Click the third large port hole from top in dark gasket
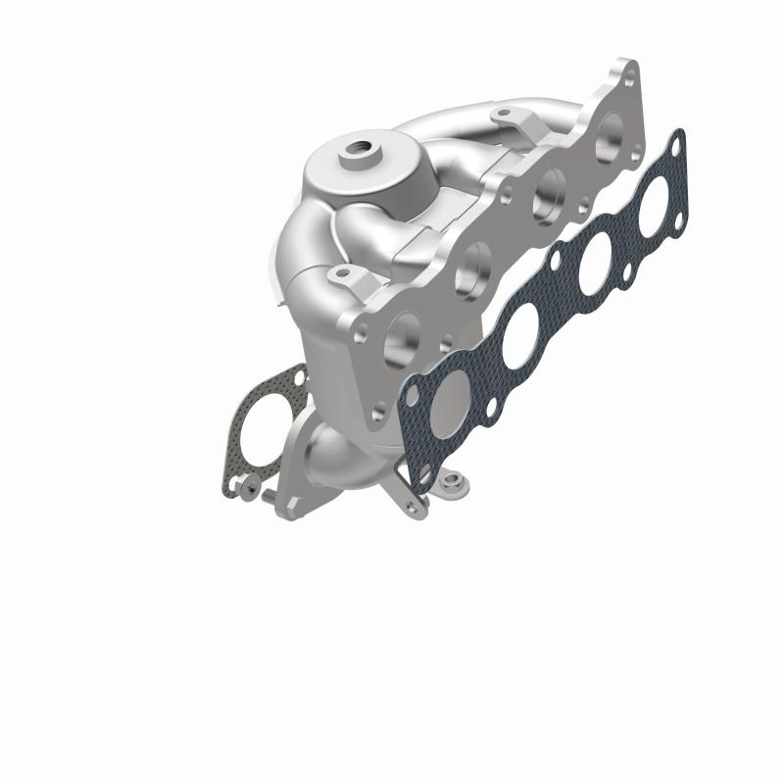519,339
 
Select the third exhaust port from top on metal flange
475,262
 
